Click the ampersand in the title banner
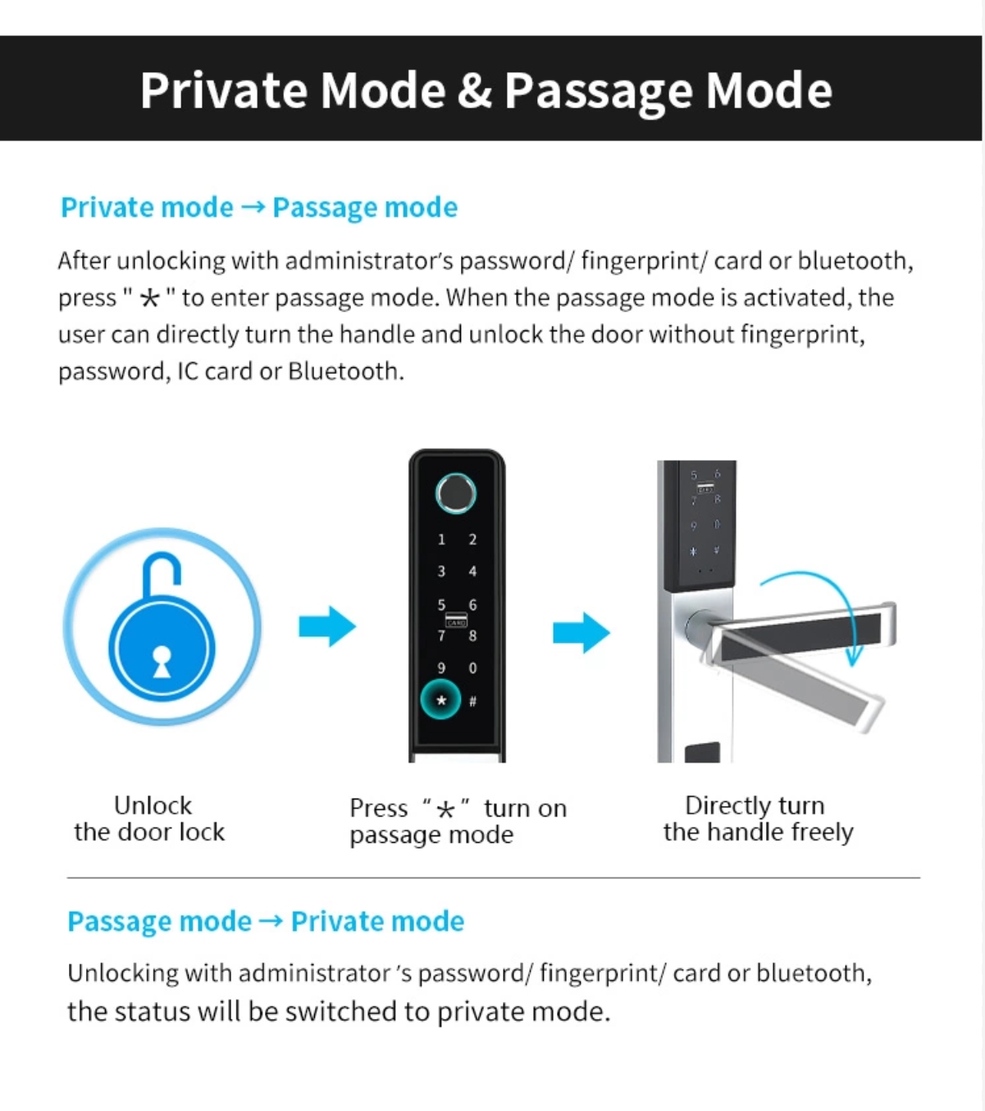click(474, 90)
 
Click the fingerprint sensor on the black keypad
click(456, 494)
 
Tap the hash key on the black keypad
click(472, 701)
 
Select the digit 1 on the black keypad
click(441, 540)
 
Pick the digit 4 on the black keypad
click(472, 571)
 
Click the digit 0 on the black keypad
click(472, 668)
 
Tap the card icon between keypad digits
click(456, 620)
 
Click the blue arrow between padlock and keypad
click(327, 626)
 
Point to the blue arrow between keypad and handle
click(581, 633)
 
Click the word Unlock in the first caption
click(153, 805)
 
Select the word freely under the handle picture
click(822, 832)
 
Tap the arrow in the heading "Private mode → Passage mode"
click(253, 207)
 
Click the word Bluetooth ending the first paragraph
click(346, 371)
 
